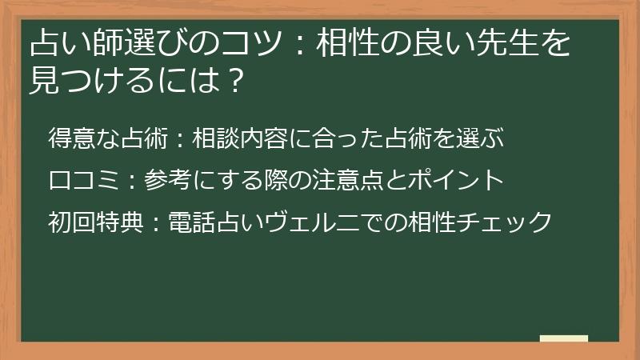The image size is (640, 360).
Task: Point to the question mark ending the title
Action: coord(235,80)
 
